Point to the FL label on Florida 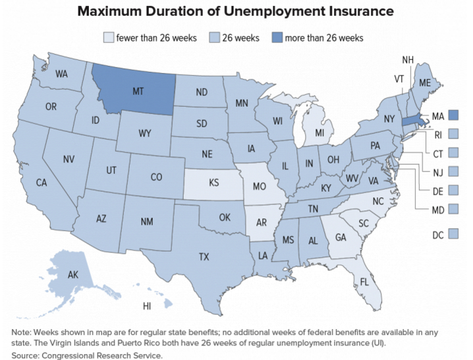(x=363, y=283)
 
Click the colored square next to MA (x=453, y=115)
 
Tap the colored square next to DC (x=453, y=233)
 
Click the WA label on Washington (x=62, y=74)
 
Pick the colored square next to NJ (x=453, y=171)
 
